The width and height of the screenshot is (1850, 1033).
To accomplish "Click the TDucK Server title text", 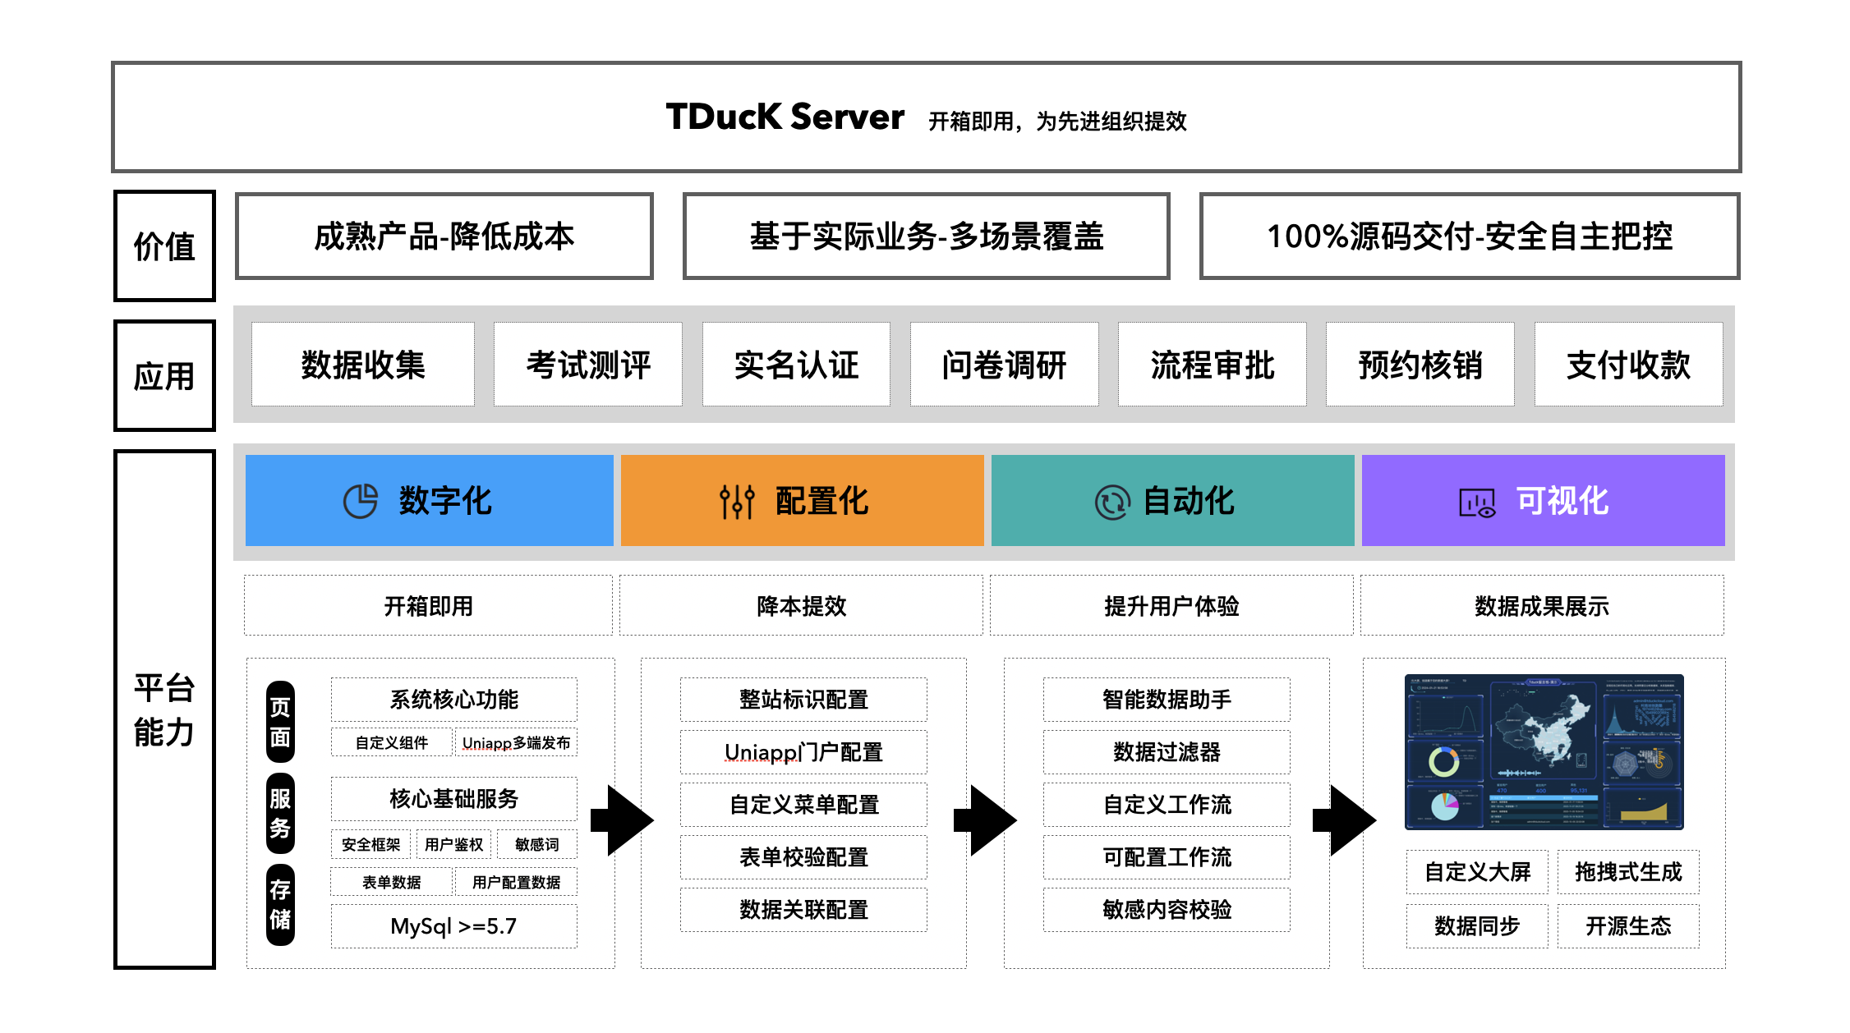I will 785,117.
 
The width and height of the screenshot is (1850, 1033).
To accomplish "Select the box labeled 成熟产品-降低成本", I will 444,236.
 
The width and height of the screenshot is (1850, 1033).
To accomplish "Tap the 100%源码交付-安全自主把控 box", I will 1469,236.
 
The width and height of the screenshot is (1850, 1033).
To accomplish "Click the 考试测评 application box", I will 588,365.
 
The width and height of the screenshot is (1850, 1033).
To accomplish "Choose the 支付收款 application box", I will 1628,365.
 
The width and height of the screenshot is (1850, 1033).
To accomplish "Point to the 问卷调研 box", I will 1004,365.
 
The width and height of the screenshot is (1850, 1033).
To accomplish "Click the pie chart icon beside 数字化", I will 360,501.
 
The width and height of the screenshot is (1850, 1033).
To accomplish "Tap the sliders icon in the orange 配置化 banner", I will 737,501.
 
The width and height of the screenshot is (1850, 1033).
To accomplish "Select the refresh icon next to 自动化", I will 1112,502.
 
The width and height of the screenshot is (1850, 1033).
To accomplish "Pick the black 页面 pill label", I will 280,722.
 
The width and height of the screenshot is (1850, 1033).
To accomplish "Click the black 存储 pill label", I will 280,904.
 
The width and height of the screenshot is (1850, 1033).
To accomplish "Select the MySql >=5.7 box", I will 453,926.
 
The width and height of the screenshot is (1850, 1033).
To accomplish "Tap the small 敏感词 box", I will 536,844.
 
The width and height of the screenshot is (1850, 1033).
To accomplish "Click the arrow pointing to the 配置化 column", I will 622,820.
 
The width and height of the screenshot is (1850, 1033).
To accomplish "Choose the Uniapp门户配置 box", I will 803,752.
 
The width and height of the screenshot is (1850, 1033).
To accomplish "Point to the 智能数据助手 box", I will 1167,700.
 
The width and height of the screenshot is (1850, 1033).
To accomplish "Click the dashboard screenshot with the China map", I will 1544,751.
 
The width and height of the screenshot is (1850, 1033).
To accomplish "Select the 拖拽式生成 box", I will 1628,872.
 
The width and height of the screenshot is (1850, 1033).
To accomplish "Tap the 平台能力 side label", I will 164,709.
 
